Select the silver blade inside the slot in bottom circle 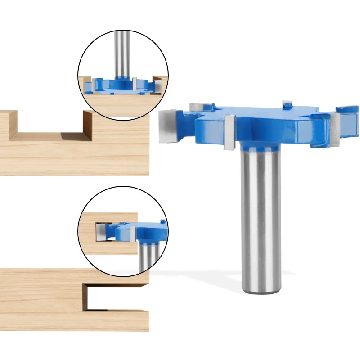coord(102,231)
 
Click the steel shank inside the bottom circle coord(148,256)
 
